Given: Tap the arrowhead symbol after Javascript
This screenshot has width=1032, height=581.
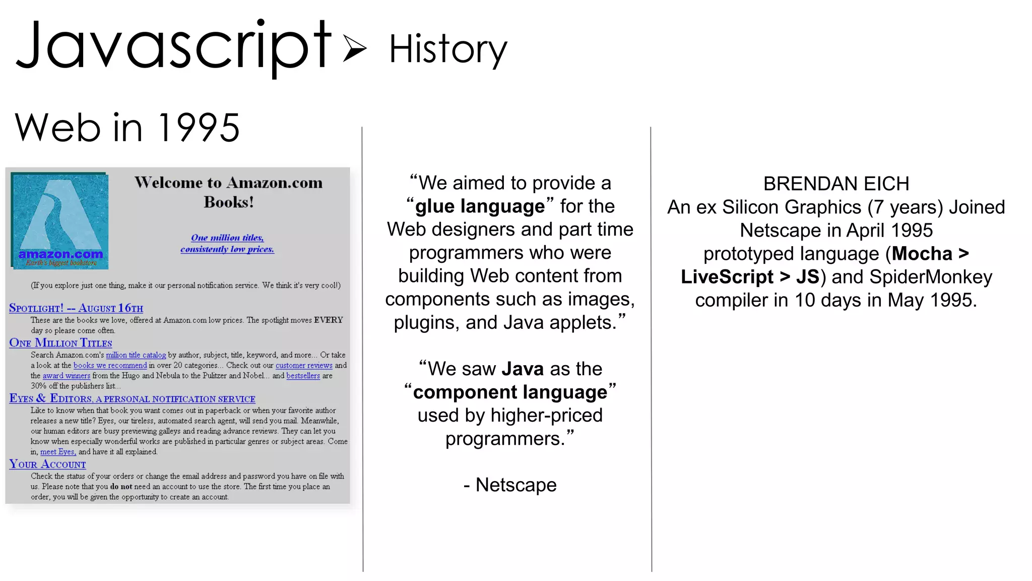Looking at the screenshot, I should click(354, 48).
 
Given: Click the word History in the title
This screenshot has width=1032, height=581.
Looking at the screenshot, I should click(447, 49).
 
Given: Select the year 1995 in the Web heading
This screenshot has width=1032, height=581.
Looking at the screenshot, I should click(199, 128).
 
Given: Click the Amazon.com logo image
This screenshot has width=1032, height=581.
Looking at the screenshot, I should click(60, 220).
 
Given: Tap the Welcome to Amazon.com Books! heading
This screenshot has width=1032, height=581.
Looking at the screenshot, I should click(228, 192).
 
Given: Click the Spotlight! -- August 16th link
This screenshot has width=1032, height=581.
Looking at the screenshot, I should click(76, 308).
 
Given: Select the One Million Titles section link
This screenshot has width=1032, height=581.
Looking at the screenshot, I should click(60, 343).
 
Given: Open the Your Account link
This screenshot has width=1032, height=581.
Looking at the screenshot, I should click(47, 464).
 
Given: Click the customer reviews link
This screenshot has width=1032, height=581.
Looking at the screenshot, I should click(304, 365).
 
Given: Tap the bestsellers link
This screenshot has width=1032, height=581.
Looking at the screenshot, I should click(303, 376).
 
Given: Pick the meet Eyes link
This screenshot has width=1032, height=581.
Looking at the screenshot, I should click(58, 452).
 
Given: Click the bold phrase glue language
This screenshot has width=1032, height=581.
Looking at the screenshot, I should click(480, 206).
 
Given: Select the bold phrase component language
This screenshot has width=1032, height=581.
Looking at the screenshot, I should click(510, 392).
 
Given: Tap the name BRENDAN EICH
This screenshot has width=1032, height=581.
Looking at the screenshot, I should click(836, 184).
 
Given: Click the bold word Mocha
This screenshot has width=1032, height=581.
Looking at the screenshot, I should click(922, 254).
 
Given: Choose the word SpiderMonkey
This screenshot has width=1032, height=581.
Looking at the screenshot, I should click(931, 277).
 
